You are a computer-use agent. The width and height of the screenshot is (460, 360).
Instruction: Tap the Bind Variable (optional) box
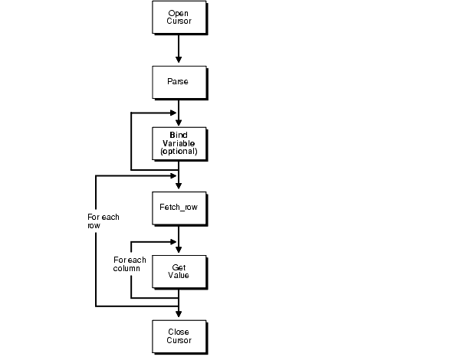pos(179,143)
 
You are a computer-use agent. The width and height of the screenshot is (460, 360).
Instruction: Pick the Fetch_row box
pos(179,207)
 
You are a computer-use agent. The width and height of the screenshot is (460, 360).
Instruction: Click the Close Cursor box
pos(179,335)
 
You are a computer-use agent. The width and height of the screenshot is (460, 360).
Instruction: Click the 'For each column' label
pos(130,265)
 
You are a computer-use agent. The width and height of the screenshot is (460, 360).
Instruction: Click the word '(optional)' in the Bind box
pos(179,152)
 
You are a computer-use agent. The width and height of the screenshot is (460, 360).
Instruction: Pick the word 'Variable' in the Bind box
pos(179,143)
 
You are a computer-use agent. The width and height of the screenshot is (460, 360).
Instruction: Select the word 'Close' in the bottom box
pos(179,330)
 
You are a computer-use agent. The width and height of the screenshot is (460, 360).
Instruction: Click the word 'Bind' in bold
pos(179,135)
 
